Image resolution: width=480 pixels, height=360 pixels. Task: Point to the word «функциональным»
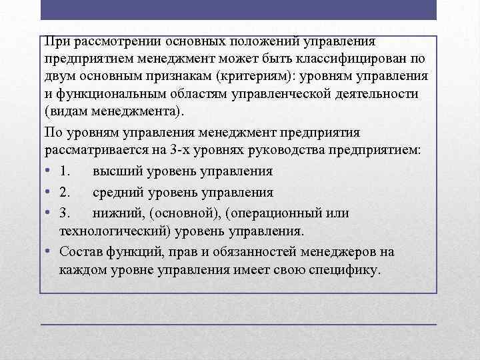(105, 93)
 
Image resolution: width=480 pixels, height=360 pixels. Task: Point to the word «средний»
(117, 192)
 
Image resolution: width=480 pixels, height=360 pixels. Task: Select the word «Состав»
(80, 252)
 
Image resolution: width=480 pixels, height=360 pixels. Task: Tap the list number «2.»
(65, 192)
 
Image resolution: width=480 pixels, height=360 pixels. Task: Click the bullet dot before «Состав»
(50, 252)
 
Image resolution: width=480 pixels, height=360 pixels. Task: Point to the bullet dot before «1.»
(50, 171)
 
